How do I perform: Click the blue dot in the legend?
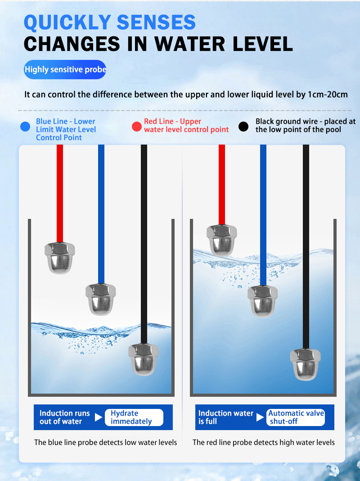tap(25, 127)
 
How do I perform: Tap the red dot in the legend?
tap(137, 127)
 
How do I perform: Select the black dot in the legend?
tap(243, 127)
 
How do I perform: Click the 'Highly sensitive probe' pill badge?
tap(65, 69)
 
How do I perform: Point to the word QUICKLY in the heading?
tap(67, 23)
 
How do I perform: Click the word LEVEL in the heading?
tap(262, 44)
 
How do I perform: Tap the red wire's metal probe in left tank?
tap(60, 258)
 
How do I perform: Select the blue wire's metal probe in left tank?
tap(101, 299)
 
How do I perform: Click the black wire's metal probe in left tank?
tap(144, 359)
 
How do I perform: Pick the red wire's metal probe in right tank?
tap(221, 240)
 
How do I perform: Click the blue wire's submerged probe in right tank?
tap(263, 301)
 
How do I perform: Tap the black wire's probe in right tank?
tap(306, 364)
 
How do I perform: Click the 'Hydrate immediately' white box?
tap(134, 417)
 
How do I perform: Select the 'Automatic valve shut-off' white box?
tap(295, 417)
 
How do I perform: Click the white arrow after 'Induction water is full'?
tap(261, 417)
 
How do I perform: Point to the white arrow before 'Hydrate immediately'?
tap(99, 417)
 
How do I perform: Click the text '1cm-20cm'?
tap(328, 94)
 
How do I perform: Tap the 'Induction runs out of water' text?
tap(65, 417)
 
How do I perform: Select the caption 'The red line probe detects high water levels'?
tap(264, 442)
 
